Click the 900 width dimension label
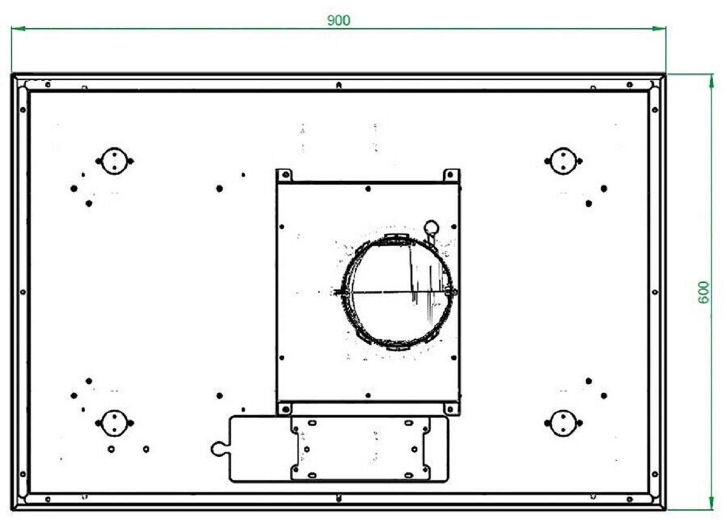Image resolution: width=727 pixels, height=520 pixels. click(x=338, y=20)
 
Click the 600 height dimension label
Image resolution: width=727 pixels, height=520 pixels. click(x=704, y=292)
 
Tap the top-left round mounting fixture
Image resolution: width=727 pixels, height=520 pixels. click(x=114, y=161)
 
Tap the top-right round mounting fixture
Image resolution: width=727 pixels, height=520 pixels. click(x=563, y=161)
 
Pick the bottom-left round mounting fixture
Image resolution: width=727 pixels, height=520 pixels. click(x=114, y=423)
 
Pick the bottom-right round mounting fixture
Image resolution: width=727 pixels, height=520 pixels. click(x=563, y=423)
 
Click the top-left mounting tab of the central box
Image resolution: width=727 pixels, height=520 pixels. click(x=285, y=176)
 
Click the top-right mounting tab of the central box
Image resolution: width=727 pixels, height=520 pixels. click(x=451, y=176)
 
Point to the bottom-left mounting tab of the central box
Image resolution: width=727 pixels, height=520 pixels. click(x=285, y=409)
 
